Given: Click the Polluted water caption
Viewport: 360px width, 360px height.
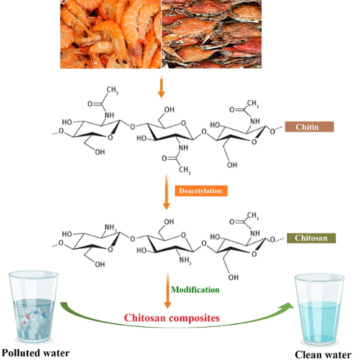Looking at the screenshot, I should click(34, 353).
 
